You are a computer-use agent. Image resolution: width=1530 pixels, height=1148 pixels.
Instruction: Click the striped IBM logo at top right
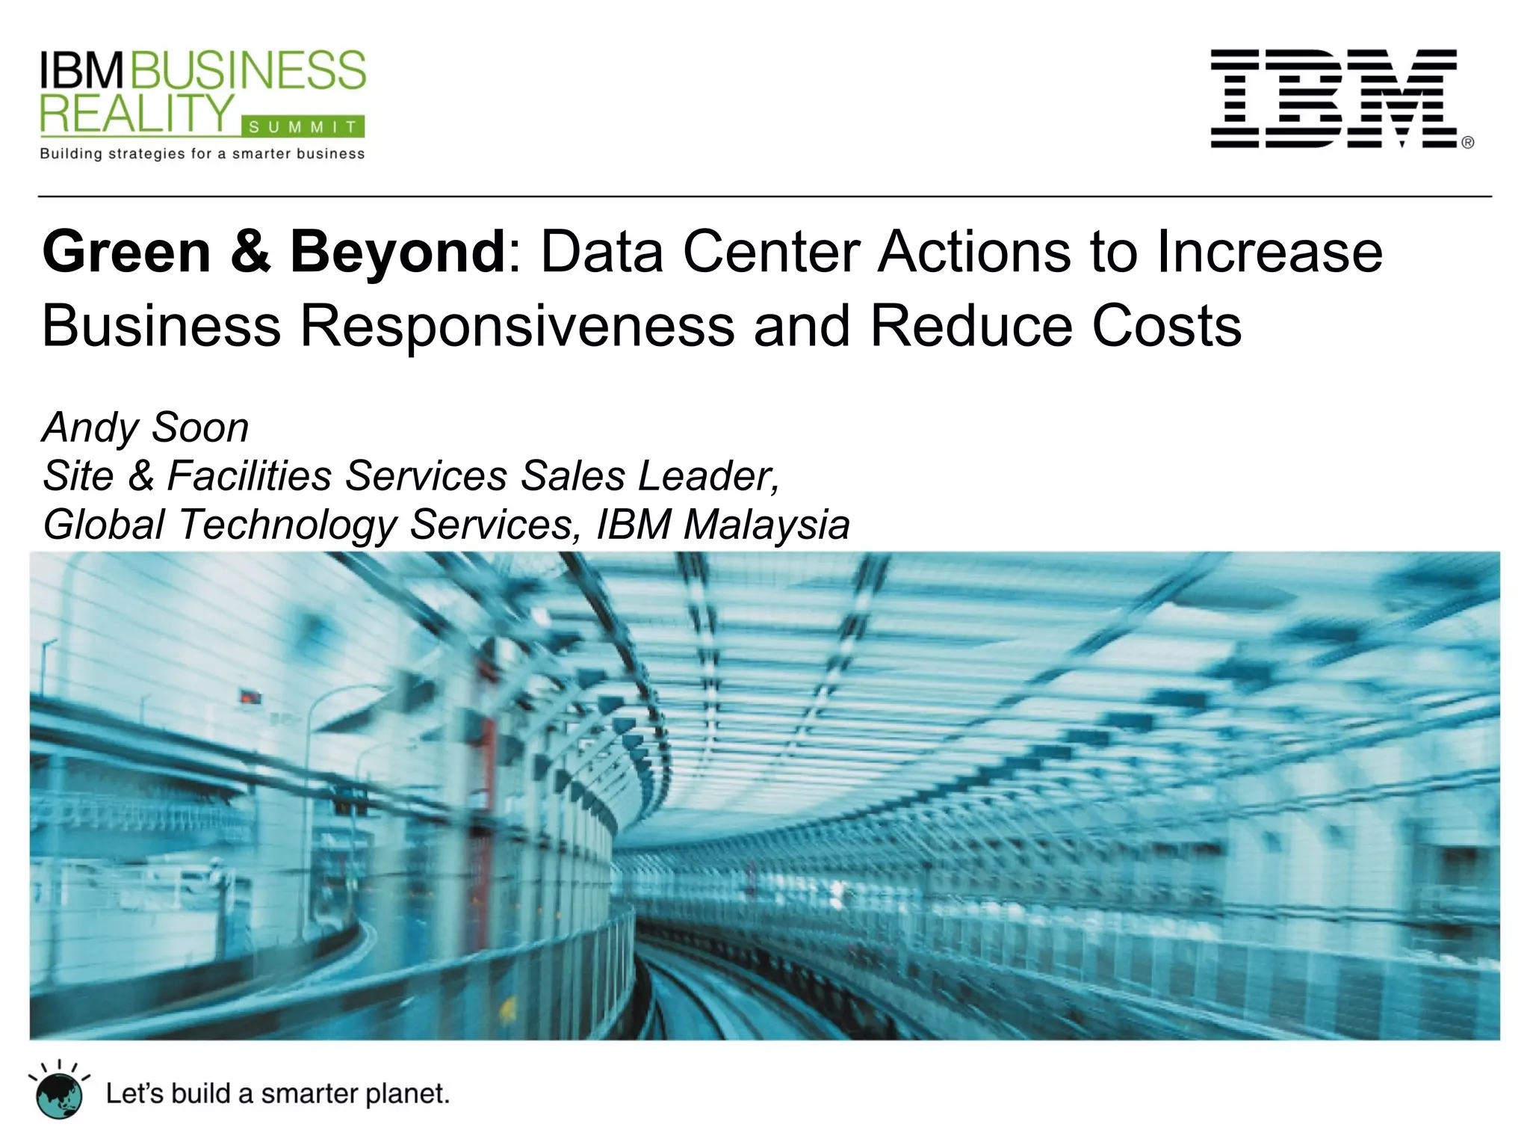tap(1334, 99)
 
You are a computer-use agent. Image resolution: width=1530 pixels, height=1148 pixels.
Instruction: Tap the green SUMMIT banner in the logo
tap(303, 128)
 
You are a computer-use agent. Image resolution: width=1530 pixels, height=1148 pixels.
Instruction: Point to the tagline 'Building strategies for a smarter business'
tap(202, 155)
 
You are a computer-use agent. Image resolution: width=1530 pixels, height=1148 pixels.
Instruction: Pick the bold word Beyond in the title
tap(398, 252)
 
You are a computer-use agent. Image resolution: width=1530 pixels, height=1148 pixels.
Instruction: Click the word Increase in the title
tap(1269, 252)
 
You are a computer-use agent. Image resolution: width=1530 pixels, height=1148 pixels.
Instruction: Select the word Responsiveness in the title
tap(517, 327)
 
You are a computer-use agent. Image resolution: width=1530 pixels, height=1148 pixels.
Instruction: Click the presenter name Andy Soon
tap(146, 428)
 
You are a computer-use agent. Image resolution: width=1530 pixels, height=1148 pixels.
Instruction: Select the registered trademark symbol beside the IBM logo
tap(1467, 143)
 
